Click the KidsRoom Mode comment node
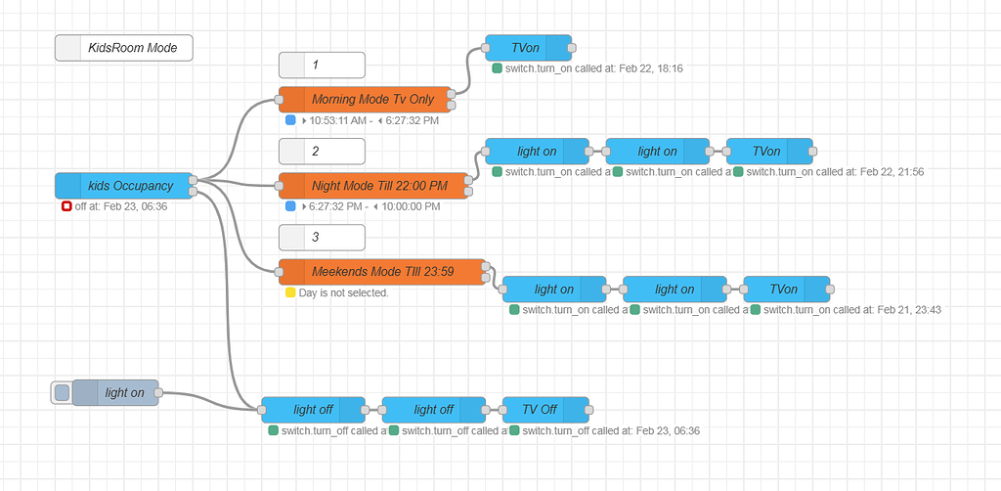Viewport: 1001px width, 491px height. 123,48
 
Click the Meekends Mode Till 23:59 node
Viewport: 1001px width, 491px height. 381,272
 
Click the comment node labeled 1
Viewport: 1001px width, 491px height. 322,66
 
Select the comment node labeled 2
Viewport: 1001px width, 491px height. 322,152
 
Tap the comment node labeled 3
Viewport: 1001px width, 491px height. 322,238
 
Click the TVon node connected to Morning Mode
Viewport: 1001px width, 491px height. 528,48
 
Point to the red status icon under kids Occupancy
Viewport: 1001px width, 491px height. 66,206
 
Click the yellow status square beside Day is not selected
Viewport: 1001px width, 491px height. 290,292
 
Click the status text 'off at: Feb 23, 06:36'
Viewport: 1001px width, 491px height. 120,206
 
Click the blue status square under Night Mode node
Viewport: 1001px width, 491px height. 290,206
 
